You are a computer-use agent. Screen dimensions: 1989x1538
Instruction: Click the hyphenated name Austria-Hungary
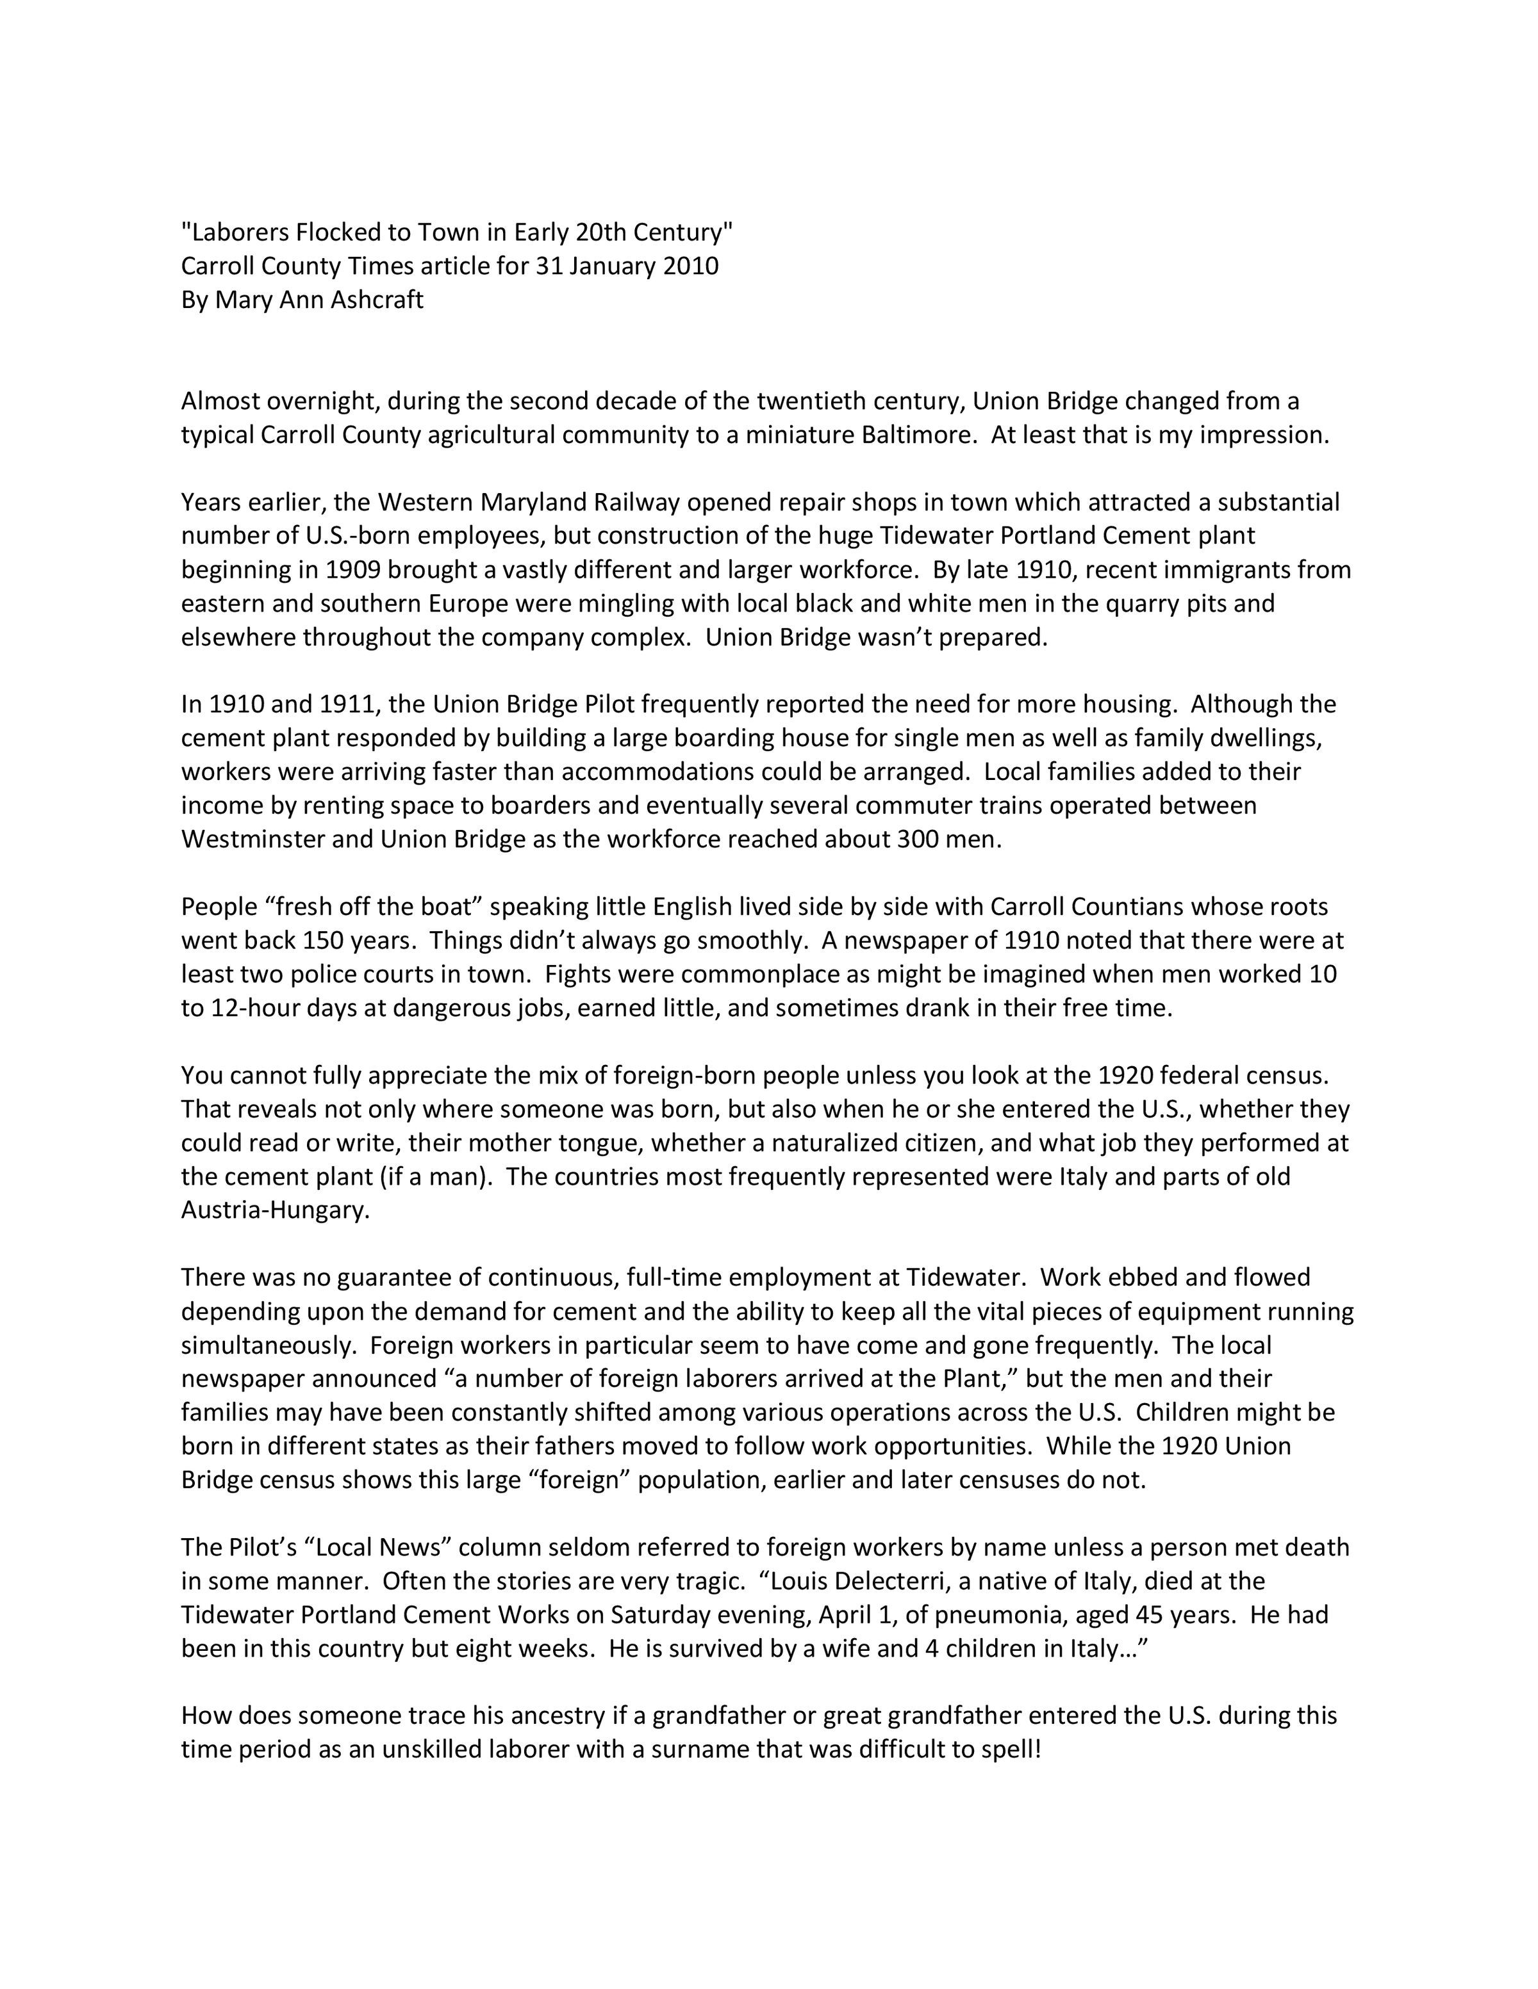[x=275, y=1211]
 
